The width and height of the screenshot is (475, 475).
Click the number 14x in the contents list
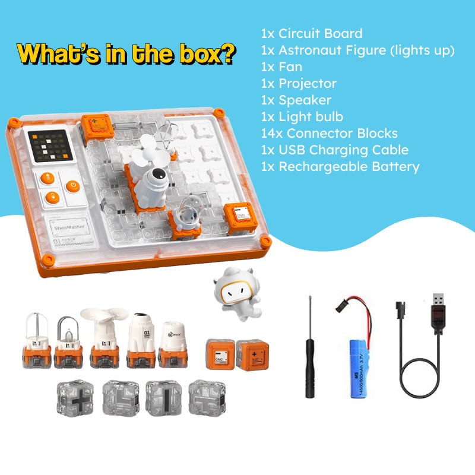pos(270,134)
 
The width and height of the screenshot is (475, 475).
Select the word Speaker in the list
pos(305,100)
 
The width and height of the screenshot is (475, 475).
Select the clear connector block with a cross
pos(75,398)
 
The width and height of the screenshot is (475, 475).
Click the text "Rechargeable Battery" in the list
pos(349,167)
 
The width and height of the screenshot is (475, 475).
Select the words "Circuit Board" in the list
pos(321,34)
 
